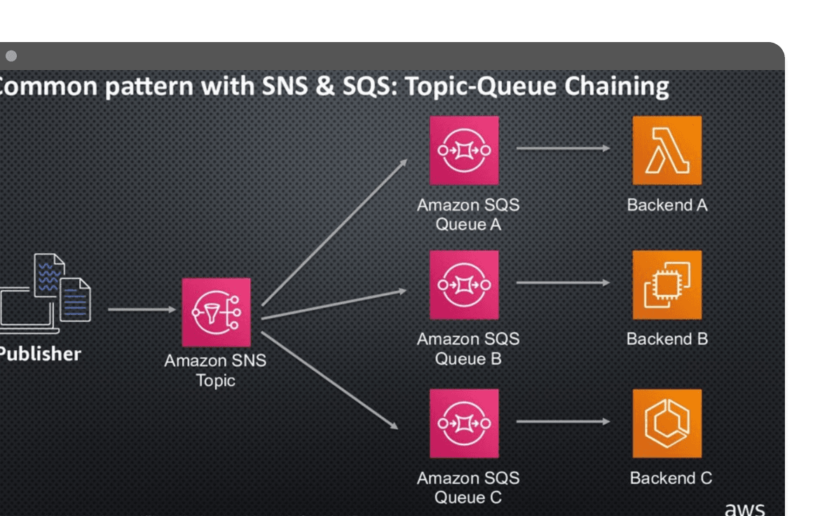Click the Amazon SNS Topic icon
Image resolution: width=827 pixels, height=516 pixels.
[216, 312]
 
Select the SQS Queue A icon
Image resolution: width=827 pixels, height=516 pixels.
[464, 150]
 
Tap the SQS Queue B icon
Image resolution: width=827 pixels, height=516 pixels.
[464, 285]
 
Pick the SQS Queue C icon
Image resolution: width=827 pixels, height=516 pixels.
[464, 423]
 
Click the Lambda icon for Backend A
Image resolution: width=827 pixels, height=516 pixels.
[667, 150]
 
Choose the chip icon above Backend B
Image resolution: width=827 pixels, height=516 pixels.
[667, 285]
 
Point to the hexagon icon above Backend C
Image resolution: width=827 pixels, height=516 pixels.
[667, 423]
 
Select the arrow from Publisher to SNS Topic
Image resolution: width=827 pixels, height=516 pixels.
[142, 309]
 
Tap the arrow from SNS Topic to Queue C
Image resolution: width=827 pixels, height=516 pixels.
[329, 379]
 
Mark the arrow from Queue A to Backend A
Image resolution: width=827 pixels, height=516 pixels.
[563, 149]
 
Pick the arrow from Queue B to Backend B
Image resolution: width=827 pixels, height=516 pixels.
[563, 283]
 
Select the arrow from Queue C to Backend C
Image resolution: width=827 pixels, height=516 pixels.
[563, 422]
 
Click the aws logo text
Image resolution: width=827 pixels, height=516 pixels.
[744, 508]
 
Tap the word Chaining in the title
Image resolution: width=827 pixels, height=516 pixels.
[617, 87]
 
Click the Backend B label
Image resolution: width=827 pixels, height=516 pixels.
[667, 339]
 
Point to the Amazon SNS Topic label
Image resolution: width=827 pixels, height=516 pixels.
[215, 371]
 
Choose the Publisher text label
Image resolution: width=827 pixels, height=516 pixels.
[39, 354]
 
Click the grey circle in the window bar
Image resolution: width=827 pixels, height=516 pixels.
[11, 56]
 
